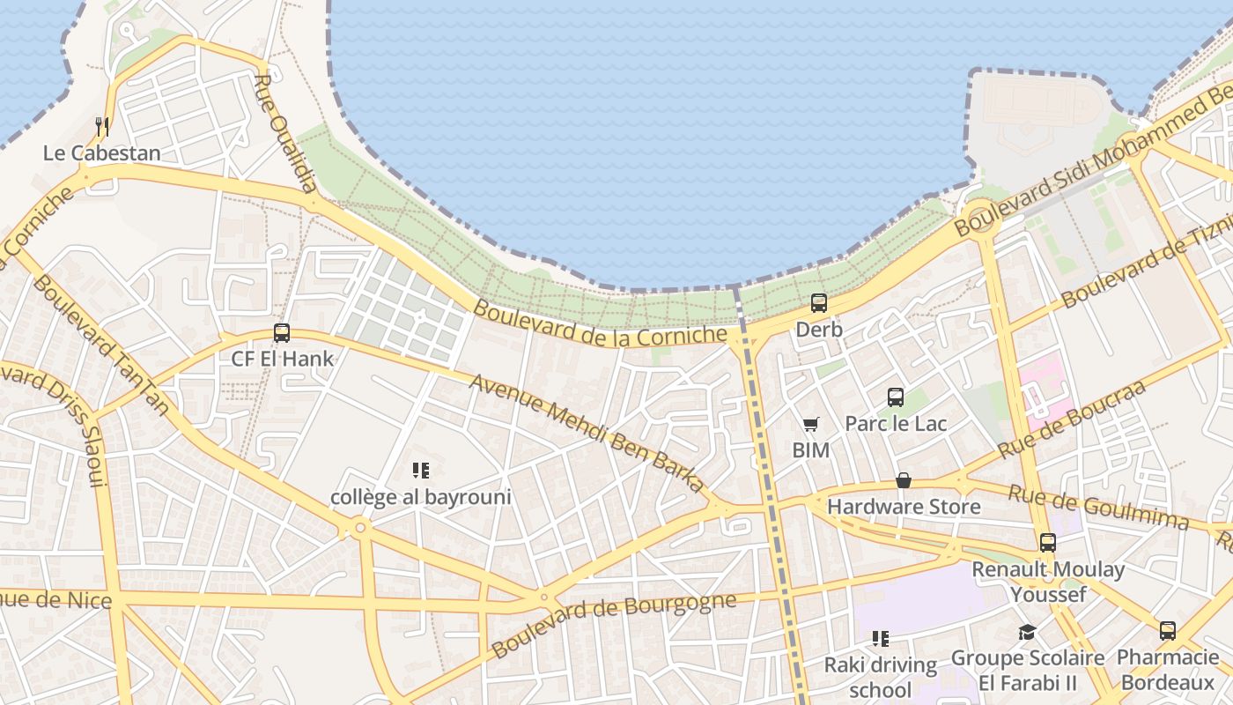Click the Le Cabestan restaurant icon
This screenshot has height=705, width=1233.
pyautogui.click(x=102, y=127)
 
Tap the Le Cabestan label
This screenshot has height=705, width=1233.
pyautogui.click(x=102, y=153)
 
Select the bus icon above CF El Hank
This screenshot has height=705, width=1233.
pyautogui.click(x=282, y=333)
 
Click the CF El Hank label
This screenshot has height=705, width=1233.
pyautogui.click(x=283, y=359)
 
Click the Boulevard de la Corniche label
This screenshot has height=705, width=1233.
pyautogui.click(x=601, y=323)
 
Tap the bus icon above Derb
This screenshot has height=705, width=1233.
pyautogui.click(x=819, y=303)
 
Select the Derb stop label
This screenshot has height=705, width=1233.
pyautogui.click(x=819, y=330)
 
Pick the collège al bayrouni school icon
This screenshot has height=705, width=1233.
pyautogui.click(x=421, y=471)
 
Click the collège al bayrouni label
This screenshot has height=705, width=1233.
pyautogui.click(x=421, y=497)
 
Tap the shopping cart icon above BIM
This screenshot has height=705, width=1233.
pyautogui.click(x=811, y=425)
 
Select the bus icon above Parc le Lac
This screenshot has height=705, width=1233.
pyautogui.click(x=896, y=397)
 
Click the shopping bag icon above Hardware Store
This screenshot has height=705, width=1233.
pyautogui.click(x=904, y=480)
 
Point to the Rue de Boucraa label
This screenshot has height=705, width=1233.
pyautogui.click(x=1071, y=419)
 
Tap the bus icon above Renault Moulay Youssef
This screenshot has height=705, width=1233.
pyautogui.click(x=1048, y=543)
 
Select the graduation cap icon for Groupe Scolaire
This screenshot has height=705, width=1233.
pyautogui.click(x=1027, y=632)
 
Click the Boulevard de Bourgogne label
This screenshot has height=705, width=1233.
pyautogui.click(x=613, y=625)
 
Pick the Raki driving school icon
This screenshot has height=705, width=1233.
pyautogui.click(x=880, y=638)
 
